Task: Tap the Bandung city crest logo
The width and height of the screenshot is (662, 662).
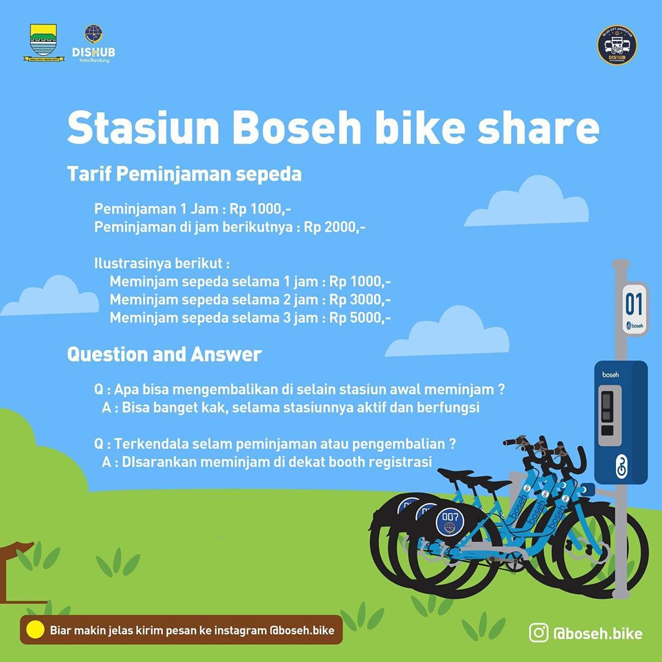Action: [44, 43]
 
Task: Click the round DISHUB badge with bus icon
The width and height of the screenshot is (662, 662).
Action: [617, 45]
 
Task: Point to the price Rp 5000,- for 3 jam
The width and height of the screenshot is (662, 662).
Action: [360, 318]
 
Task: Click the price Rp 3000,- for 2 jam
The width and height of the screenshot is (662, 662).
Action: [360, 300]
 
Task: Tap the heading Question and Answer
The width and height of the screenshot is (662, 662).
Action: [164, 354]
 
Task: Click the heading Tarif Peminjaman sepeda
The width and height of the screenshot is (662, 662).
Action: [184, 174]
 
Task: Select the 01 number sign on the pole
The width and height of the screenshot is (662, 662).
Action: [634, 303]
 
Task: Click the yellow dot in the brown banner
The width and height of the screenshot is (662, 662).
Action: [36, 630]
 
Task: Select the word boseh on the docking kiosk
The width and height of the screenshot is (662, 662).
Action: [610, 375]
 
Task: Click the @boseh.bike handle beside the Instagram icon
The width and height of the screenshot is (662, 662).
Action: [597, 633]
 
